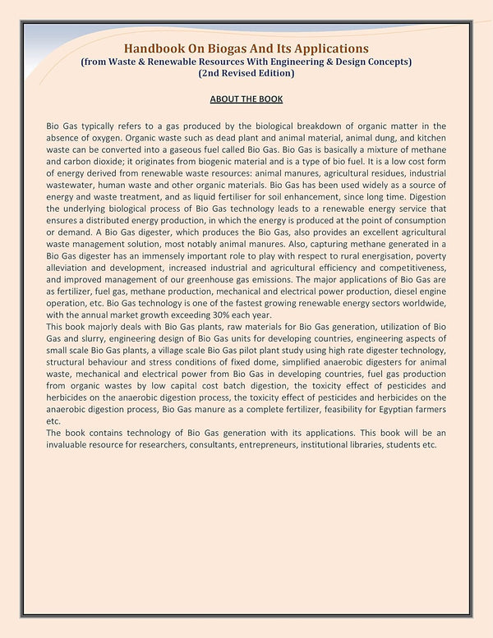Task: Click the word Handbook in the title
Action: [x=153, y=50]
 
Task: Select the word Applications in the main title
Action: [x=333, y=50]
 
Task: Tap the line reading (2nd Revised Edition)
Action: [x=246, y=73]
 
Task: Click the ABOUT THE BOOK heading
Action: [x=246, y=99]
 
